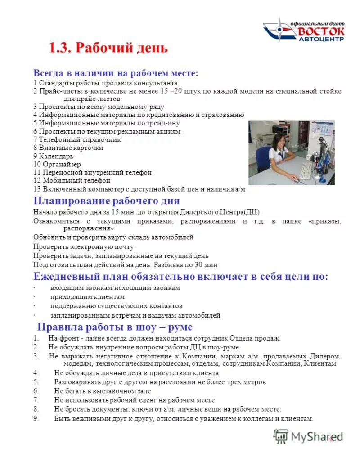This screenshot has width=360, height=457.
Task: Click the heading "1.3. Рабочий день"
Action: pos(108,48)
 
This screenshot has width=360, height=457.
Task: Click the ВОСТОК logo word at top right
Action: pos(321,31)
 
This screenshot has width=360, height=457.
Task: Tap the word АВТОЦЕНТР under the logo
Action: pos(321,40)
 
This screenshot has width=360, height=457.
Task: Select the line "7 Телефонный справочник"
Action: pos(77,139)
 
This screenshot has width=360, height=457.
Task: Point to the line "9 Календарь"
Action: pos(53,156)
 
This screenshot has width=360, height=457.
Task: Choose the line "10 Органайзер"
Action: pos(58,164)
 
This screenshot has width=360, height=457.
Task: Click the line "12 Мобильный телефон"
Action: pos(72,180)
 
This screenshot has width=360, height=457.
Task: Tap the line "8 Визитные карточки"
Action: pos(68,148)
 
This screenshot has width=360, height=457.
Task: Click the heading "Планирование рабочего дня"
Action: pos(107,200)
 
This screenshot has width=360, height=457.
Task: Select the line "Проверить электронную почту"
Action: pos(83,246)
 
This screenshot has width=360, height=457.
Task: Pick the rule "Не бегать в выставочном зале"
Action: pos(103,391)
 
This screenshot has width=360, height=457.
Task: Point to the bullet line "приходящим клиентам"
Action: pos(87,297)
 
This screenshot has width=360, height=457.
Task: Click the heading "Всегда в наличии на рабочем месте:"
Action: pos(116,73)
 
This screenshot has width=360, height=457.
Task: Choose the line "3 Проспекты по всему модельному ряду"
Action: pos(99,107)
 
